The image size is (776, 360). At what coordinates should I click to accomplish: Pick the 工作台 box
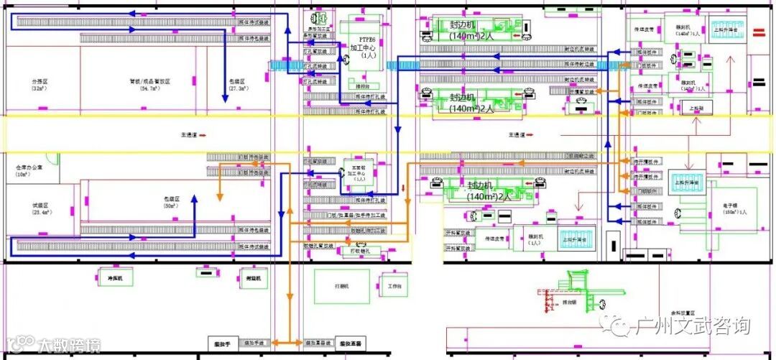[x=394, y=286]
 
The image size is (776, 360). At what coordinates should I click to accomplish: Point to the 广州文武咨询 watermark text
[x=693, y=326]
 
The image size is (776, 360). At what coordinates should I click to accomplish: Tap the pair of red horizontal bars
[x=758, y=32]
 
